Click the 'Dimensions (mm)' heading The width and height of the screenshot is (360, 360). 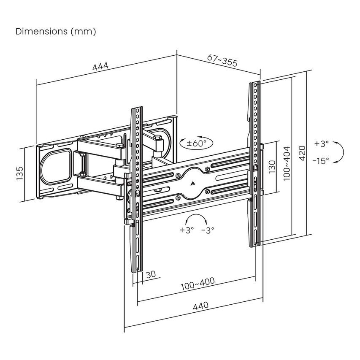tap(56, 32)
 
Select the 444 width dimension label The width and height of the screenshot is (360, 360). tap(100, 67)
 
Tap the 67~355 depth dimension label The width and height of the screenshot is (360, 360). tap(222, 60)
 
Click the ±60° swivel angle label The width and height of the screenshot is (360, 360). tap(197, 143)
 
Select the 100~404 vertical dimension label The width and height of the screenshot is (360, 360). tap(287, 163)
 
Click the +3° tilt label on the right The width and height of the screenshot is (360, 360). tap(321, 143)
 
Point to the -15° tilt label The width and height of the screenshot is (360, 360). tap(321, 161)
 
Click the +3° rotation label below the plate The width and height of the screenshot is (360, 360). tap(187, 230)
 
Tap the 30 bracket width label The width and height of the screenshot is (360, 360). tap(151, 274)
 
